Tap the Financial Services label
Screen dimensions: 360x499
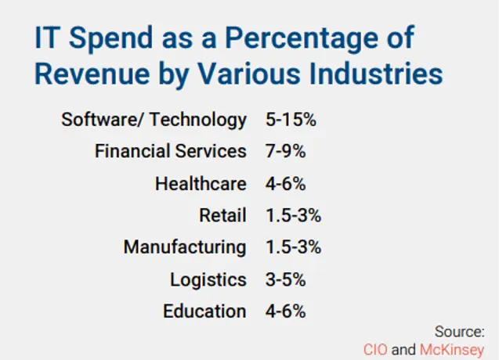170,151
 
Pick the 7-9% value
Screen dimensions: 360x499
284,151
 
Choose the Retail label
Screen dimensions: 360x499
223,215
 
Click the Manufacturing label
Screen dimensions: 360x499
185,247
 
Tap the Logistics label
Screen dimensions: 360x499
208,279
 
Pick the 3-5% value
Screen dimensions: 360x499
284,279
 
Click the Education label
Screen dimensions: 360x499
204,311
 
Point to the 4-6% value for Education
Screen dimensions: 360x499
284,311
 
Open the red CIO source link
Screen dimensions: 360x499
374,349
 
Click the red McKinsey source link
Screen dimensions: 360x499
452,349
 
